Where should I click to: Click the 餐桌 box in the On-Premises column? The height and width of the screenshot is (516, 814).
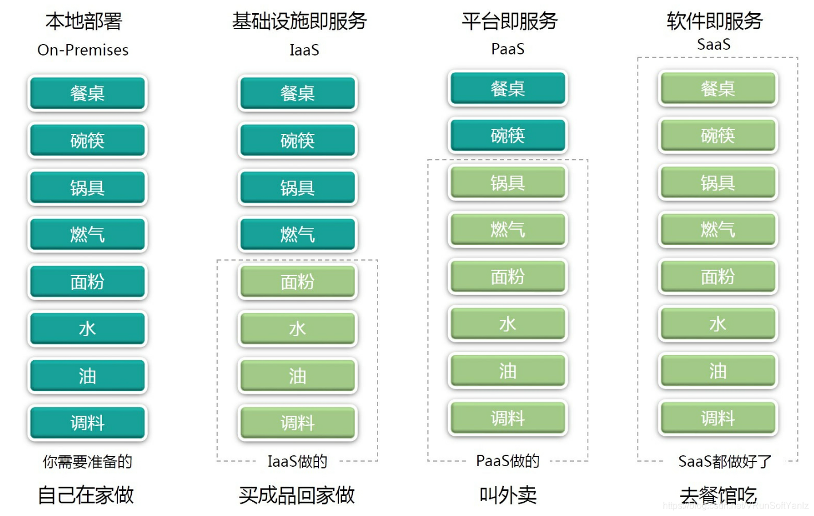(87, 93)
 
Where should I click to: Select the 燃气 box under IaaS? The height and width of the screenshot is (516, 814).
(297, 234)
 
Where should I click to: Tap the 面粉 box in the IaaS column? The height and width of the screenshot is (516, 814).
(297, 281)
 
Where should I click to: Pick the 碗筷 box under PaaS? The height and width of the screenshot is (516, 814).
(508, 136)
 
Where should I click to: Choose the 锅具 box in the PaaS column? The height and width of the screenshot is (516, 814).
(508, 183)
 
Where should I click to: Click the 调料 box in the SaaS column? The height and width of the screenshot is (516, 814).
(718, 418)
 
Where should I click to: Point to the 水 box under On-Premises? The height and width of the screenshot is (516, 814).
(87, 328)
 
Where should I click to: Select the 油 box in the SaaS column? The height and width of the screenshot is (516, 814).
(718, 371)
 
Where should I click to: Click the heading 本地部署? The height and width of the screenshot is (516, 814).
(84, 21)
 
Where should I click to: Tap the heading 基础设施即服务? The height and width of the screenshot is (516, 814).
(299, 21)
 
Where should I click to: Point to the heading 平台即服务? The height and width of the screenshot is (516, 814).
(509, 21)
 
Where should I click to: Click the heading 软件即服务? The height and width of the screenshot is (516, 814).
(714, 21)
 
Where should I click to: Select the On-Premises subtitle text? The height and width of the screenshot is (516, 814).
(83, 50)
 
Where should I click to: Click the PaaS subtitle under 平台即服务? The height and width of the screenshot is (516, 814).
(508, 49)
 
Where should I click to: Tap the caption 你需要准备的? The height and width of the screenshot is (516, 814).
(87, 461)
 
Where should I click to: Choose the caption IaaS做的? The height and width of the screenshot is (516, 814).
(297, 461)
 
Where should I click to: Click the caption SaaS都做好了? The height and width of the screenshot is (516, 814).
(725, 461)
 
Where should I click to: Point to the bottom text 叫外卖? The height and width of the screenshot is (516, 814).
(508, 495)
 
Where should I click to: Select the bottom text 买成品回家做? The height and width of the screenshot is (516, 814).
(297, 495)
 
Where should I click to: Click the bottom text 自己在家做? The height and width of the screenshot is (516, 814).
(85, 495)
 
